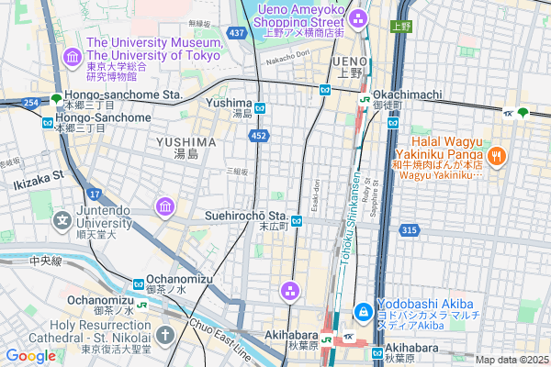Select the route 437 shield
pos(237,33)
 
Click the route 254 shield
pos(31,103)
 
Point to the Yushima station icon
pos(260,107)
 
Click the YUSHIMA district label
pos(186,142)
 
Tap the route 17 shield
pos(95,194)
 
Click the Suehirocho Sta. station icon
pos(297,220)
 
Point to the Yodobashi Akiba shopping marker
pos(363,312)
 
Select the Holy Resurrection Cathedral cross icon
pos(164,335)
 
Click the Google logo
pos(30,355)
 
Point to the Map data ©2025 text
pos(510,360)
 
